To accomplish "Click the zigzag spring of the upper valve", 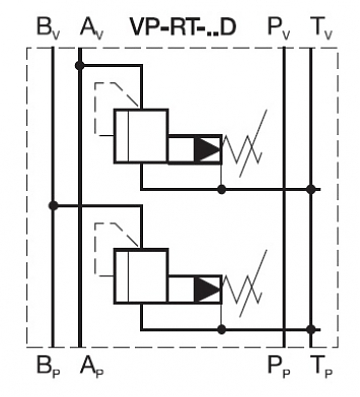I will pyautogui.click(x=246, y=149).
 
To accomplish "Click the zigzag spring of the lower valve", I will pyautogui.click(x=246, y=289).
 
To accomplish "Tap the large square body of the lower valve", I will pyautogui.click(x=140, y=279).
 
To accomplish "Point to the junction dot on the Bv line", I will pyautogui.click(x=53, y=206).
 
